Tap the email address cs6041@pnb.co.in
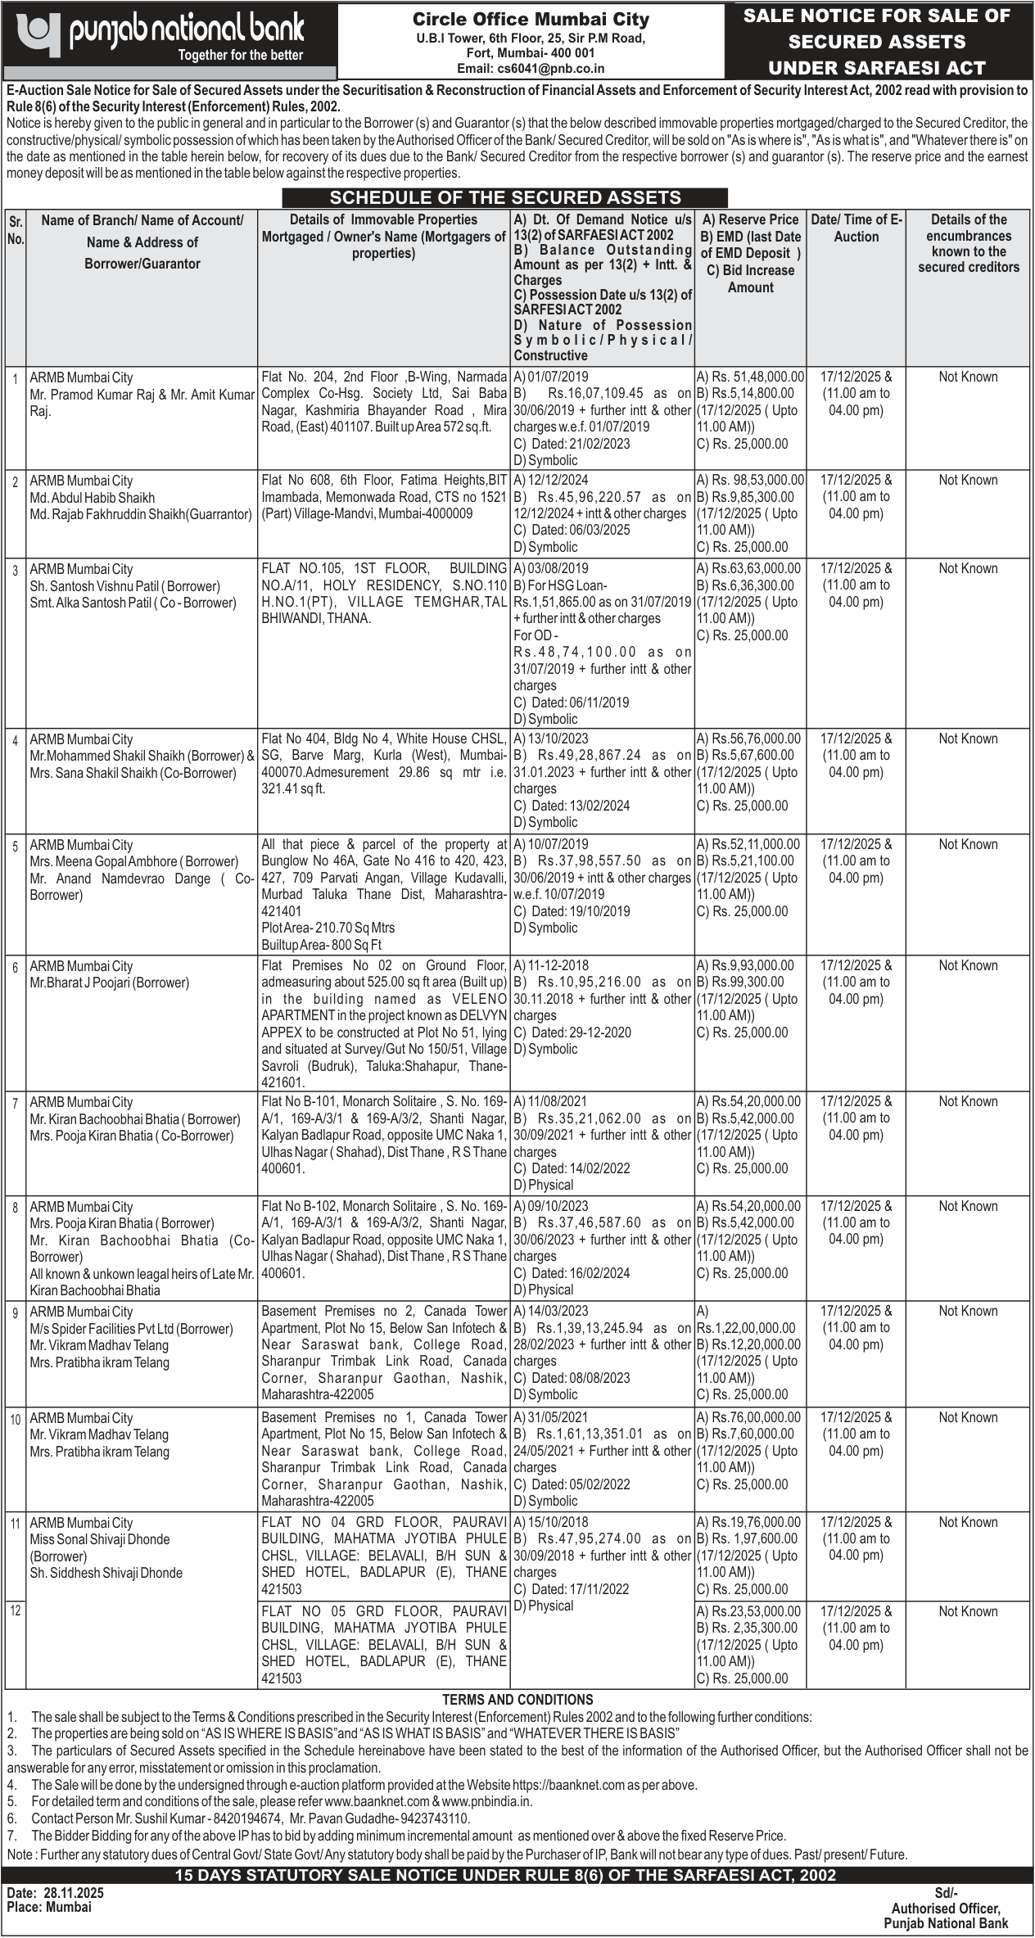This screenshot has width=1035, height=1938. point(531,69)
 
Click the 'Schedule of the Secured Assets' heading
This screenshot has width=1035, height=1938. point(504,197)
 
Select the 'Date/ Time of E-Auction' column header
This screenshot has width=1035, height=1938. point(856,228)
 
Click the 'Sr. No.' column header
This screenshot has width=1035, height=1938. point(16,230)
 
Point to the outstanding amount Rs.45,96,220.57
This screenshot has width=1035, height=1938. point(589,497)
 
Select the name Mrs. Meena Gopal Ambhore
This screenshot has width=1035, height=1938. point(105,861)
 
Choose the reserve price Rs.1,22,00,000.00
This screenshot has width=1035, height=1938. point(745,1328)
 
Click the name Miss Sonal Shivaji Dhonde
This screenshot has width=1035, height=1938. point(100,1539)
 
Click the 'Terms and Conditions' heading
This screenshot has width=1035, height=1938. point(517,1700)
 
